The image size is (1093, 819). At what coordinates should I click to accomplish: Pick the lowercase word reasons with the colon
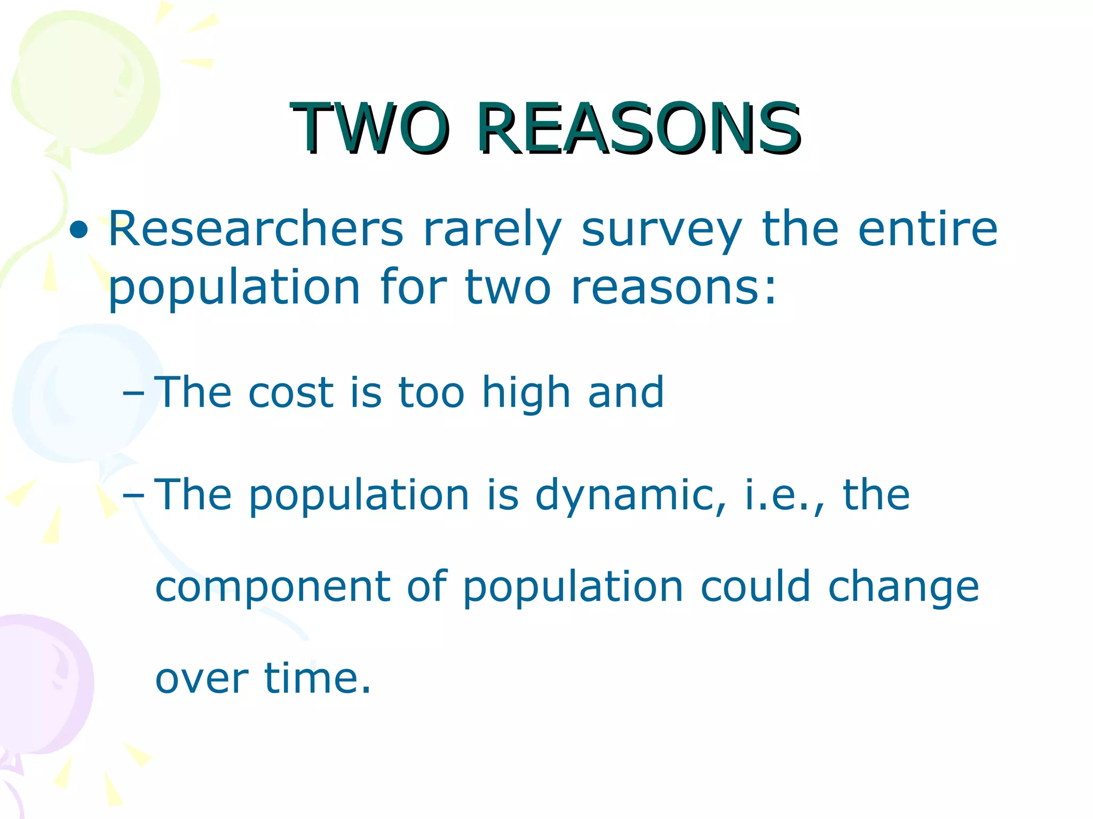coord(674,288)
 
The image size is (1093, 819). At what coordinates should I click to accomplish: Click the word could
coord(755,587)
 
